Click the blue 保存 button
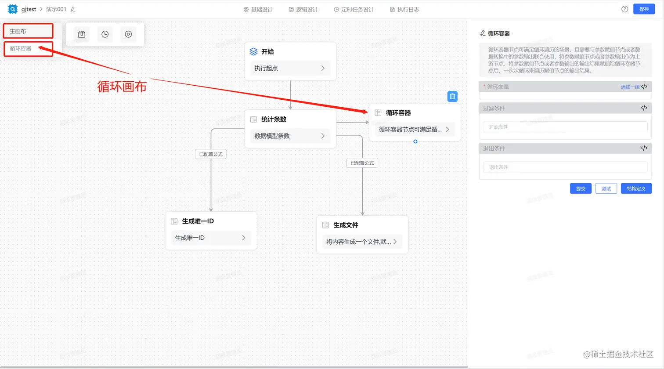coord(644,9)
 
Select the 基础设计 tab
coord(258,9)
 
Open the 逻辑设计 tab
coord(303,9)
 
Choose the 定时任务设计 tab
coord(354,9)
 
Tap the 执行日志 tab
coord(404,9)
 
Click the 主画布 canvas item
coord(28,31)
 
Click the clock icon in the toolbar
coord(105,34)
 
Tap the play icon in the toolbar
coord(128,34)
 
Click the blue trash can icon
coord(452,96)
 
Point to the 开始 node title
coord(267,52)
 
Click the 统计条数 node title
coord(274,119)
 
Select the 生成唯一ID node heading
coord(198,221)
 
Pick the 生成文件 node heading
coord(346,225)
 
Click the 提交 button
coord(581,188)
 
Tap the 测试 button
coord(606,188)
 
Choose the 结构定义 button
coord(636,188)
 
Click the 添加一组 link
coord(630,87)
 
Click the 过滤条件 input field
coord(565,127)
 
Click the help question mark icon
coord(624,9)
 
